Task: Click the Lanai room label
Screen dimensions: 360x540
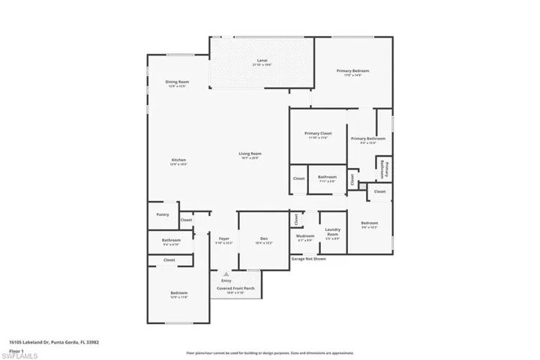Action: pyautogui.click(x=262, y=60)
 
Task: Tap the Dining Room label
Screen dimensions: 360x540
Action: pyautogui.click(x=177, y=82)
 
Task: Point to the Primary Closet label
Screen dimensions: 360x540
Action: pyautogui.click(x=318, y=133)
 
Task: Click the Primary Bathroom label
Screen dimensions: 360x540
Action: pyautogui.click(x=368, y=139)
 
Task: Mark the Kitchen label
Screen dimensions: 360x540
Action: pyautogui.click(x=178, y=160)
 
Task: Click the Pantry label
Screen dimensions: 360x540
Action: pyautogui.click(x=163, y=214)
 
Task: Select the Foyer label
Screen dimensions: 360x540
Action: pyautogui.click(x=224, y=238)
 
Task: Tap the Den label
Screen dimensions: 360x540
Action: pyautogui.click(x=264, y=239)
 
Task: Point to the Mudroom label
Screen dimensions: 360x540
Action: pyautogui.click(x=305, y=236)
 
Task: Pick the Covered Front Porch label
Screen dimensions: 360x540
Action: pyautogui.click(x=235, y=288)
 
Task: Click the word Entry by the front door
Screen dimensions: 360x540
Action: pyautogui.click(x=226, y=280)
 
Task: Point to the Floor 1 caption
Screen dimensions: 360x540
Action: pyautogui.click(x=16, y=349)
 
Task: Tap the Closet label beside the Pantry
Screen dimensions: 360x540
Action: pyautogui.click(x=185, y=220)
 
